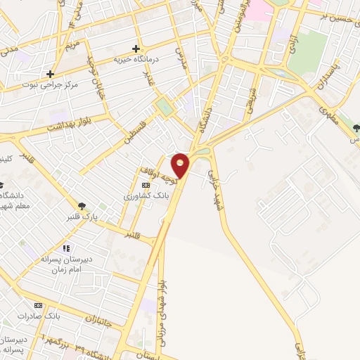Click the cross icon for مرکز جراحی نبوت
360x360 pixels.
point(50,74)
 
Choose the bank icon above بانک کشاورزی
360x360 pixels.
point(146,184)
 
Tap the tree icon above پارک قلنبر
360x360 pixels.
point(83,205)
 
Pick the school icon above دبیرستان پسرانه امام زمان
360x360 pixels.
point(66,248)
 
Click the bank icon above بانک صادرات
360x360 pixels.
point(38,305)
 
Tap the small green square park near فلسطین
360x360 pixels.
point(165,108)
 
